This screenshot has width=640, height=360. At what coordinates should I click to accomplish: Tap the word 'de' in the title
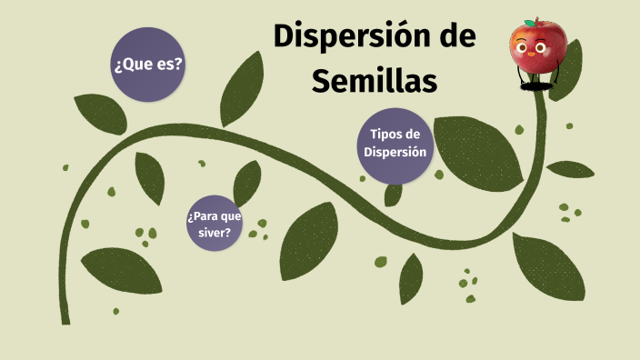[x=453, y=37]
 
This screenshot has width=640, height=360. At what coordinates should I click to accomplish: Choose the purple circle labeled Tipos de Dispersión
[x=395, y=144]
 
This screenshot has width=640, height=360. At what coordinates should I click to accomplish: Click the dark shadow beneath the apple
[x=536, y=86]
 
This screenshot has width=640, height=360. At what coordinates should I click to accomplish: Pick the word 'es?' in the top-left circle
[x=166, y=65]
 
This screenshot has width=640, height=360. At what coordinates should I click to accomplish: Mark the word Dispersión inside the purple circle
[x=395, y=152]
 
